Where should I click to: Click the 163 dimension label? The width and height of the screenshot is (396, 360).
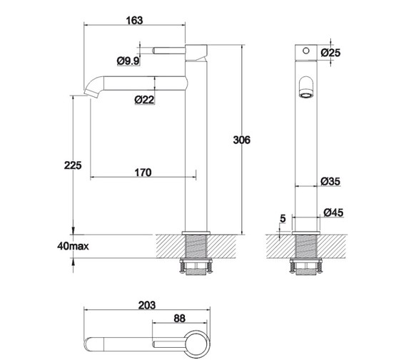coord(133,20)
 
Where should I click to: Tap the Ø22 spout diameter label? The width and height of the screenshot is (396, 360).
coord(144,100)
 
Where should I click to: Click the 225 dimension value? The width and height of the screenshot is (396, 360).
coord(73,165)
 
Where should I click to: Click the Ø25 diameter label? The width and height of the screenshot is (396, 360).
coord(330,53)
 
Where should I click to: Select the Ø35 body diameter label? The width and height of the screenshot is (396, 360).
coord(330,181)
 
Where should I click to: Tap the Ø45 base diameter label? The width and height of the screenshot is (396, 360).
coord(332,212)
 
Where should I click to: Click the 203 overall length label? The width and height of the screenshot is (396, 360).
coord(146,304)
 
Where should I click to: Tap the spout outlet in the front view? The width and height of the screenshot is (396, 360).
coord(305,88)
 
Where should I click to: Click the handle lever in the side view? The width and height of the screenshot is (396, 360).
coord(169,51)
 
